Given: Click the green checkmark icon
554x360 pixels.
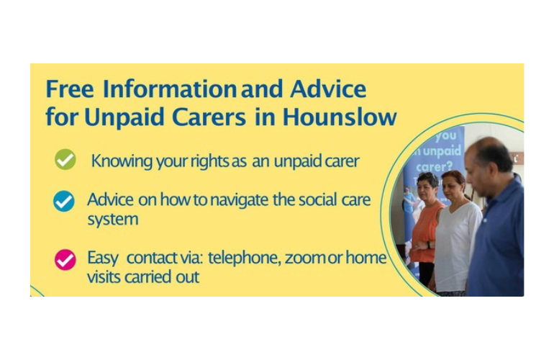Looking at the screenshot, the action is click(x=65, y=160).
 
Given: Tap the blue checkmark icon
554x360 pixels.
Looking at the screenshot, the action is click(x=64, y=201).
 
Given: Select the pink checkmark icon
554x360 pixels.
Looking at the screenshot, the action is click(x=65, y=260).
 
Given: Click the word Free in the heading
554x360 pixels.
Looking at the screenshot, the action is click(x=70, y=89).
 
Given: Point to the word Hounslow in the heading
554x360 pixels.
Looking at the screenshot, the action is click(x=340, y=117).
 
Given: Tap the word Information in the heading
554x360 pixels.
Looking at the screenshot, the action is click(x=170, y=89).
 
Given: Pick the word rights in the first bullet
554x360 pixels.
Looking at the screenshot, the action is click(x=210, y=161).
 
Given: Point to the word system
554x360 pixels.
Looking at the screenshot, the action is click(x=113, y=220).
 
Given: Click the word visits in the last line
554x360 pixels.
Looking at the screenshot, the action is click(x=104, y=277).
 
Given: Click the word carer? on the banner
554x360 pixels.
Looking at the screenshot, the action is click(x=435, y=166).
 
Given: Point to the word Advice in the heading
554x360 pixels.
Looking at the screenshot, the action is click(x=328, y=89).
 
